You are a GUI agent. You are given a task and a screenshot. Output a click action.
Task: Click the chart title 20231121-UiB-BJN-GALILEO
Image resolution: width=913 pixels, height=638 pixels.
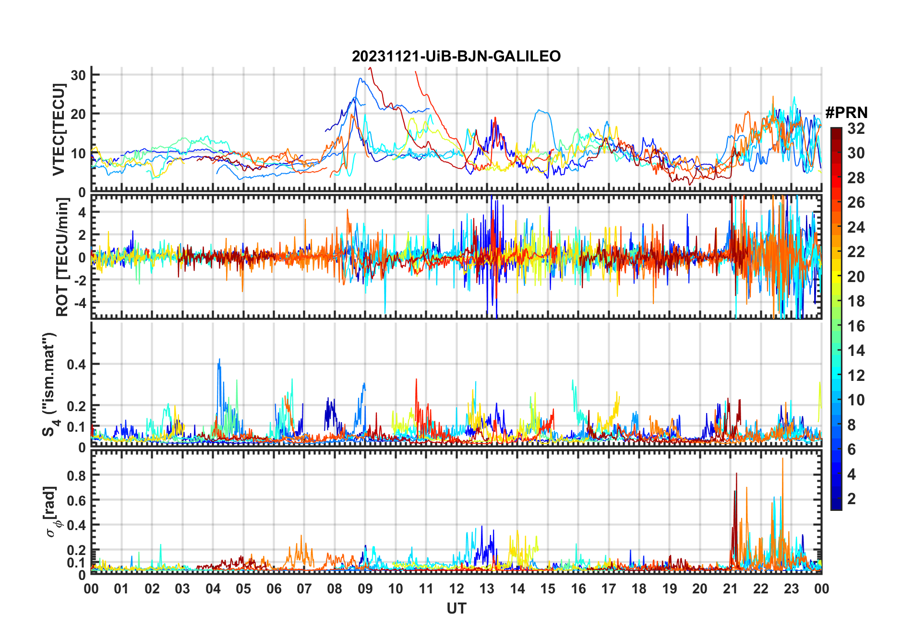point(456,57)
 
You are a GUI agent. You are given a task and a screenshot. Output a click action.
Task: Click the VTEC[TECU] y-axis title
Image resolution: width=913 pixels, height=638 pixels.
point(59,130)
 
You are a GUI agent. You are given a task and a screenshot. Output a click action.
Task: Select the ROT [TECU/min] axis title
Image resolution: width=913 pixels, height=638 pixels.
point(62,257)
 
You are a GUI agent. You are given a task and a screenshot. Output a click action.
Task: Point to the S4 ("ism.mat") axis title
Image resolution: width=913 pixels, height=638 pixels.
point(49,384)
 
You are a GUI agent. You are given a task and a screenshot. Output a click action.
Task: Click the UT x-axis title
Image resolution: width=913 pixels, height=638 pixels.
point(456,609)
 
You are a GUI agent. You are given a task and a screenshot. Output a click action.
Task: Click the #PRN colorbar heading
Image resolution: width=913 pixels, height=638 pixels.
point(846,113)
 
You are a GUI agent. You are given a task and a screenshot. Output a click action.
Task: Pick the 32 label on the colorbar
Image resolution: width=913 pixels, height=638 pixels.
point(856,129)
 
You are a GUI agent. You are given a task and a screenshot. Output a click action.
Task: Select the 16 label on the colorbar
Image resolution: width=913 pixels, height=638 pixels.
point(856,326)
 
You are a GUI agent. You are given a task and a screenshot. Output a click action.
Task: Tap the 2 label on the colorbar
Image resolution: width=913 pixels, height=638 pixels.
point(852,499)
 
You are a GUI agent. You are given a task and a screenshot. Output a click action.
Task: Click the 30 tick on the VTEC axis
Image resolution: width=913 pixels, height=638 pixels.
point(78,75)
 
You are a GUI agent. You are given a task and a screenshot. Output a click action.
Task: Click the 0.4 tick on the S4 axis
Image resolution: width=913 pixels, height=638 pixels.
point(76,364)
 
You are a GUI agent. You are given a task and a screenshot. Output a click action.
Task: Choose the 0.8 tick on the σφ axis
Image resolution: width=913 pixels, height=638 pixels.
point(76,475)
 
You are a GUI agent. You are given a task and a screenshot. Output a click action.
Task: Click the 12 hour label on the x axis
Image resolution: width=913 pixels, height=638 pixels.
point(456,589)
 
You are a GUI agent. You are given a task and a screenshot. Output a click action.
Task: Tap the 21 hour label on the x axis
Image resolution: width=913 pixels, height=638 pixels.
point(730,589)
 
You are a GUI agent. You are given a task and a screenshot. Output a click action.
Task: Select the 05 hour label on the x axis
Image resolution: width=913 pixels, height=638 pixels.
point(243,589)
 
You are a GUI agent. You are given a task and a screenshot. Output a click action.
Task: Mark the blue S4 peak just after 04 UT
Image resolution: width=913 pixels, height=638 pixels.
point(219,360)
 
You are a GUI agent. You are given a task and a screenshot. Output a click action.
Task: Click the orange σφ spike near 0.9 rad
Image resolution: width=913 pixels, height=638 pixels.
point(782,459)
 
